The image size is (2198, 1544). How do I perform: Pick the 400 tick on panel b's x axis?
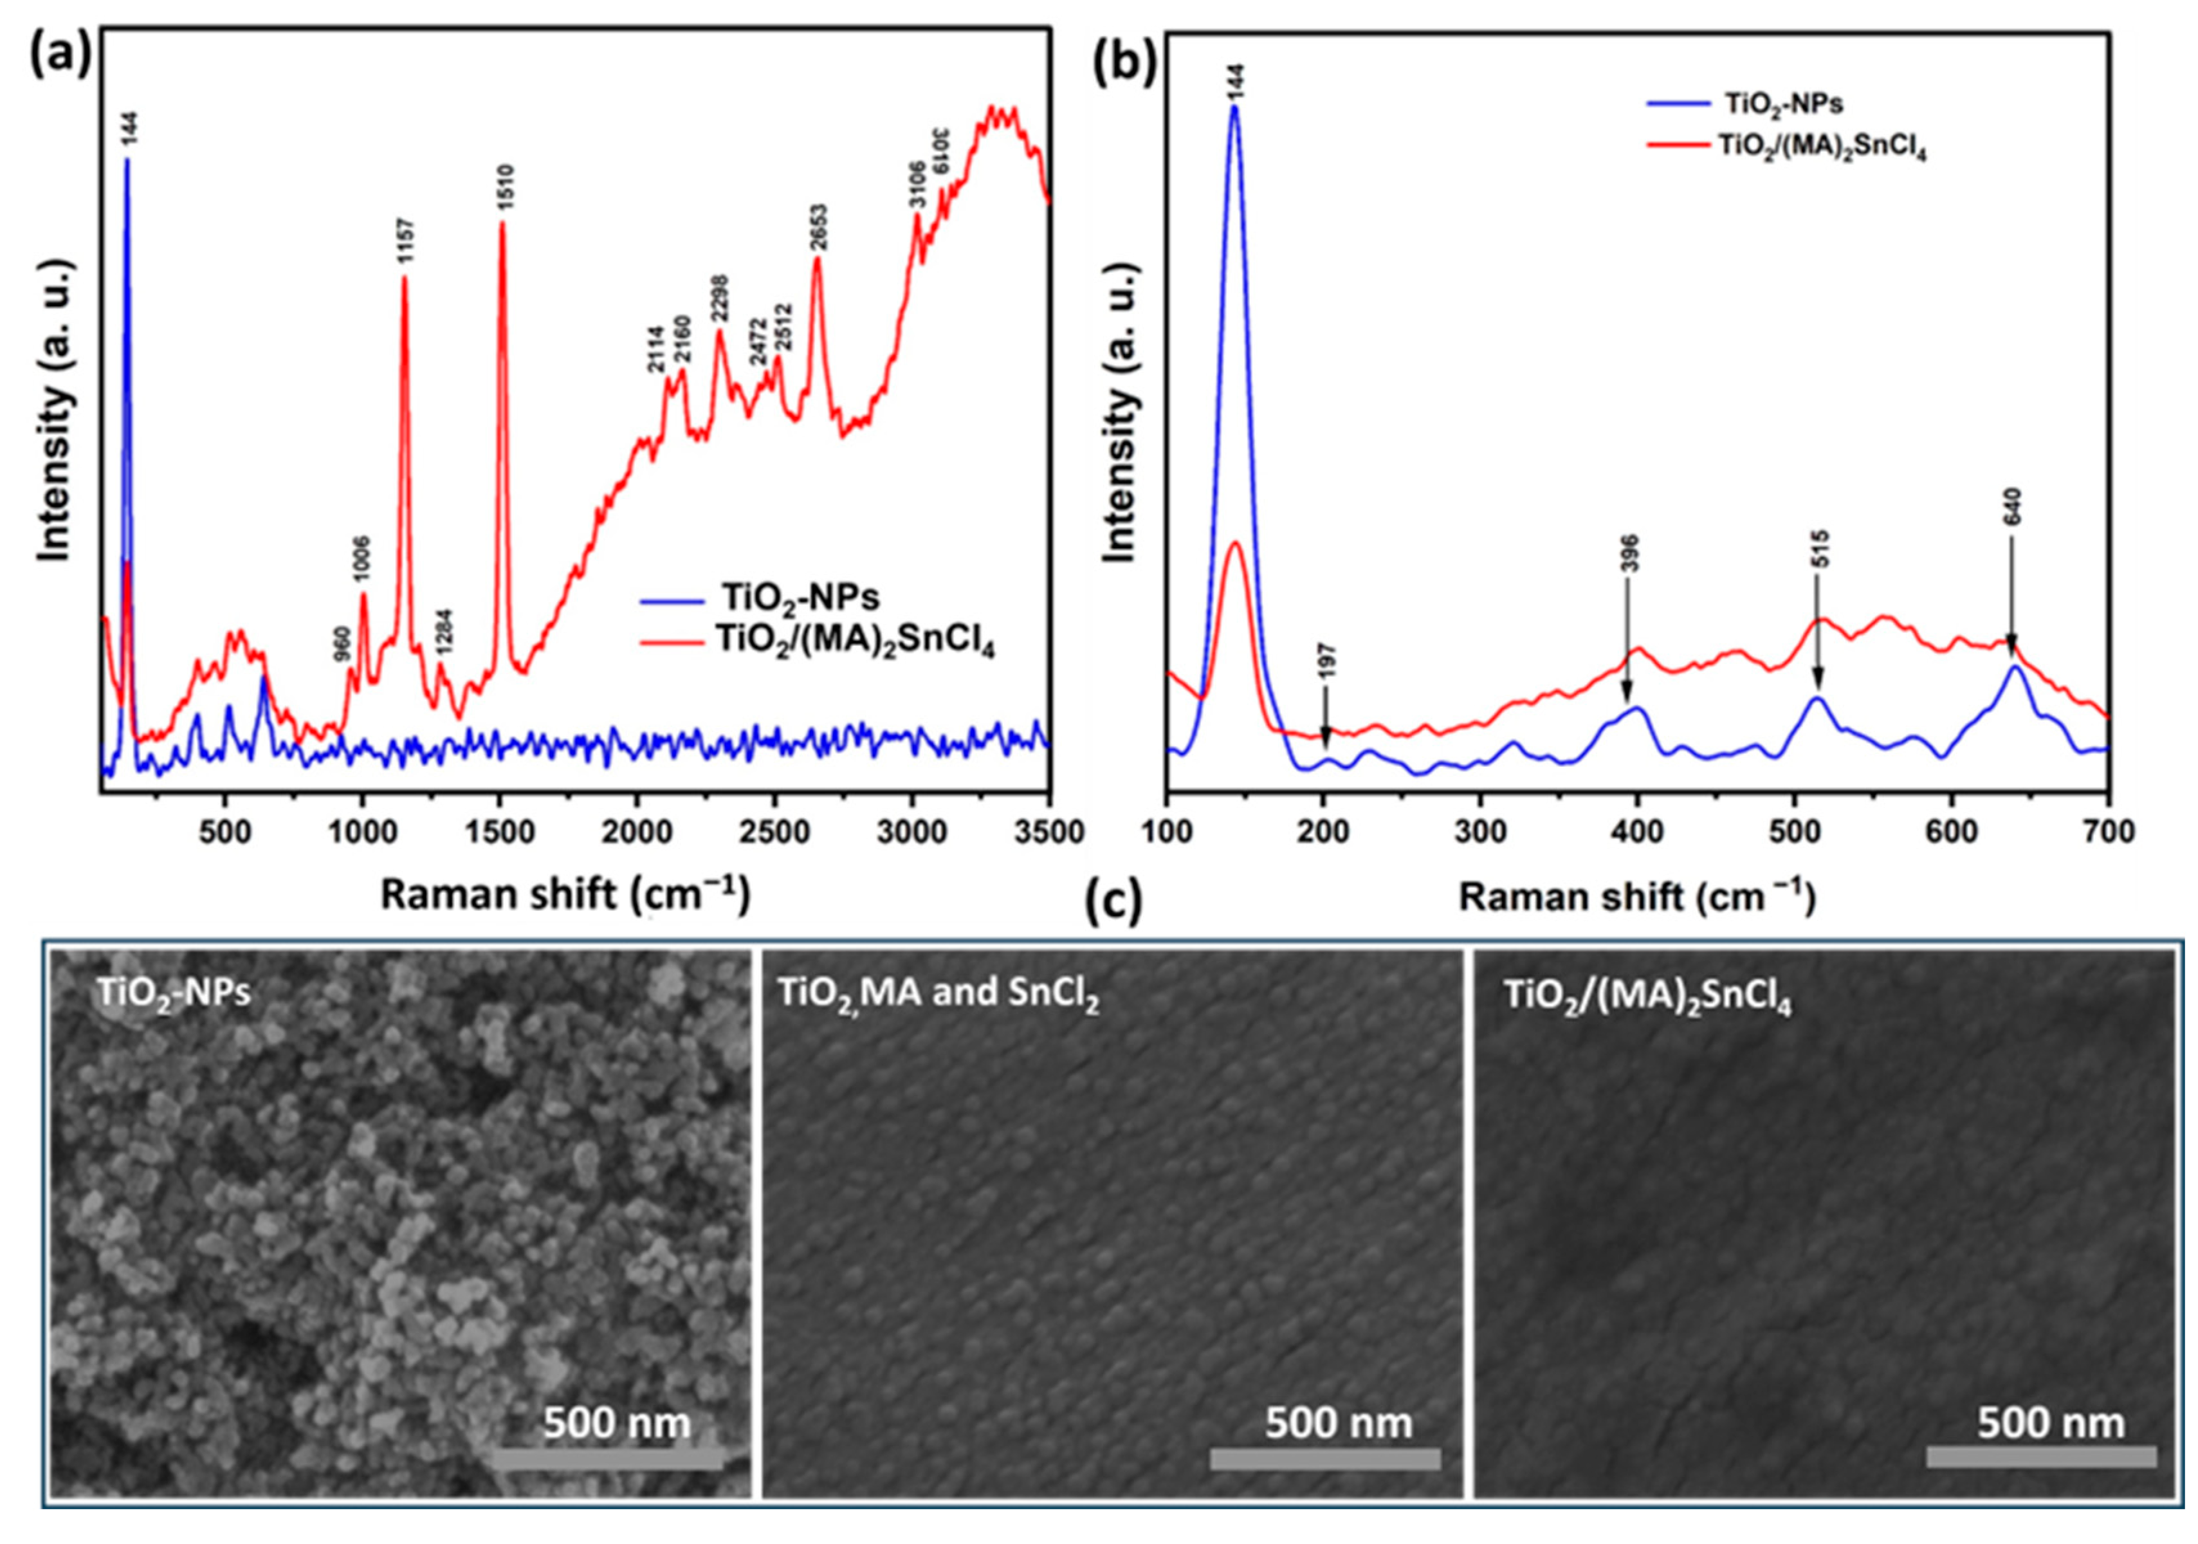1637,831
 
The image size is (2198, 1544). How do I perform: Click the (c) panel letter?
1113,902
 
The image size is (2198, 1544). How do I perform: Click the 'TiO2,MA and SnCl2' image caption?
938,993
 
